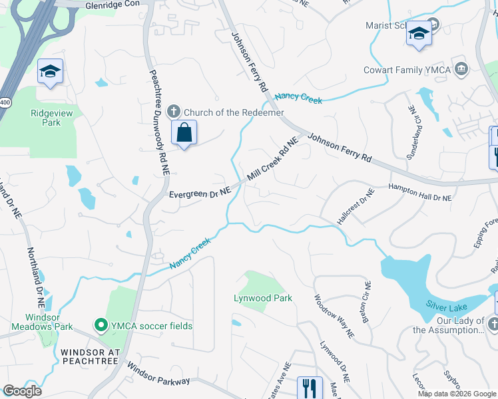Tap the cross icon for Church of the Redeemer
[174, 111]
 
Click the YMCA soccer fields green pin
[101, 325]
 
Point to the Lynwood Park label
[263, 298]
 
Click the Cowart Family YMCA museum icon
[461, 69]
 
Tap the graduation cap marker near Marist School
[419, 34]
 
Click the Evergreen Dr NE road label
[199, 194]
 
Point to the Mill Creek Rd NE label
[272, 160]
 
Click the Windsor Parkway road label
[158, 374]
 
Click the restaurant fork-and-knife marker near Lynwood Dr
[309, 388]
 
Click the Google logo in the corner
[23, 391]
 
